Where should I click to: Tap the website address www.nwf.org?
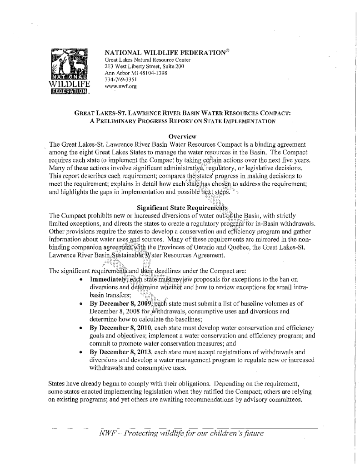(x=120, y=85)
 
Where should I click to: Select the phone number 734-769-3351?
(x=120, y=78)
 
